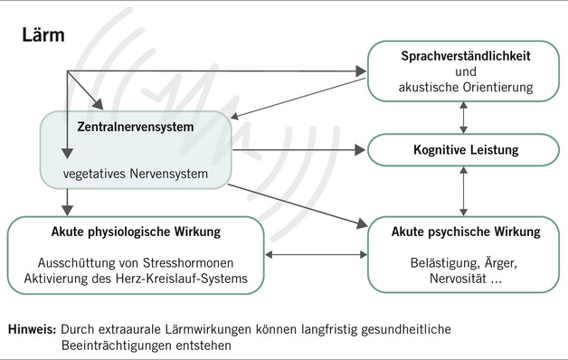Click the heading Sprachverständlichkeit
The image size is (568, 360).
pyautogui.click(x=464, y=56)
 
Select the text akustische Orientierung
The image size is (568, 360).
pyautogui.click(x=465, y=87)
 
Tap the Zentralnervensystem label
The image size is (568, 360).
pyautogui.click(x=135, y=126)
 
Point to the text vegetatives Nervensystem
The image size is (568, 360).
pyautogui.click(x=135, y=172)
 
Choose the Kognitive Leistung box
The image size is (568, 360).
pyautogui.click(x=465, y=148)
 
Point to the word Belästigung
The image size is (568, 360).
pyautogui.click(x=439, y=263)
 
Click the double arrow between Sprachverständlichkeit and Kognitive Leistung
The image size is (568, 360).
pyautogui.click(x=464, y=117)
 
